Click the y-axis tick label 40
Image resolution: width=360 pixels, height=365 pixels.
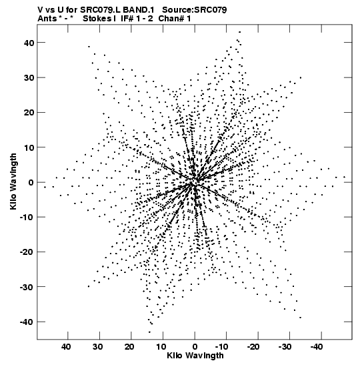coord(29,43)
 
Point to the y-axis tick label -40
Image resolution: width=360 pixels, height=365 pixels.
coord(27,322)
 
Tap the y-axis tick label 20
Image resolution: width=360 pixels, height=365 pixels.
coord(29,112)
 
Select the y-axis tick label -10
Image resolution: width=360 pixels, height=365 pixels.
coord(27,217)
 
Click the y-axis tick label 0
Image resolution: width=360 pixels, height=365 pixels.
coord(31,182)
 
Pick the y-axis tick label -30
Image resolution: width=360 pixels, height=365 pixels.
coord(27,287)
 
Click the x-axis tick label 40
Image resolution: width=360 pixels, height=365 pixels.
coord(66,347)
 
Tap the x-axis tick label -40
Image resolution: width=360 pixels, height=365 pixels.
coord(316,347)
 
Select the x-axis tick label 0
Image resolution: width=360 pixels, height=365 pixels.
coord(195,347)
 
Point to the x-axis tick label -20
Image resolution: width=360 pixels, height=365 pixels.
coord(253,347)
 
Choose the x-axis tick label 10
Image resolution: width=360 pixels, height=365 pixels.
coord(161,347)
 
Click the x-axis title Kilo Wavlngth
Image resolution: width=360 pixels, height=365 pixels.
coord(195,356)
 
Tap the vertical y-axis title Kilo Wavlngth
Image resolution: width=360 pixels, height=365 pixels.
coord(13,181)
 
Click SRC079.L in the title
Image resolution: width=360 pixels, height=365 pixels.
coord(100,10)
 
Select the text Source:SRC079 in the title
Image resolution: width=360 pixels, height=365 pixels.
coord(195,10)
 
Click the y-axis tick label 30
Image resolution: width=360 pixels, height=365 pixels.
coord(29,78)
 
